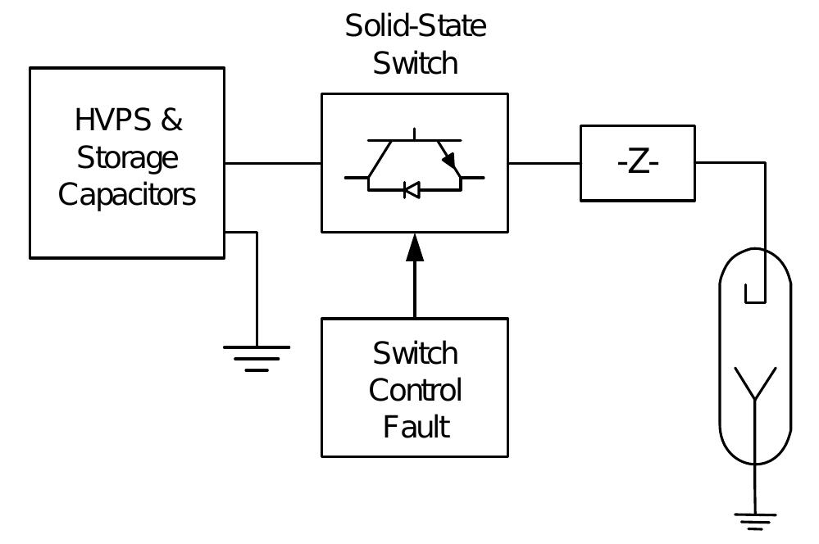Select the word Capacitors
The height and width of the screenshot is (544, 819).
point(127,195)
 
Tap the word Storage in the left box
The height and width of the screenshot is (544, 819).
point(127,157)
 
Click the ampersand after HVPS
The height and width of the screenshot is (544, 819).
point(171,120)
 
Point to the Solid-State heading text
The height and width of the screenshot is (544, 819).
point(415,26)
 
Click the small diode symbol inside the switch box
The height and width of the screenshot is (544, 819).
point(412,190)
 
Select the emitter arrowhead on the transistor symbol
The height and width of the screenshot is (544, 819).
point(449,161)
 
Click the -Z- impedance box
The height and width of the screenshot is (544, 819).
point(637,163)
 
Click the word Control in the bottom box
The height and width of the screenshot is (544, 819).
point(415,390)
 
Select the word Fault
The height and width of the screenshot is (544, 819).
point(416,427)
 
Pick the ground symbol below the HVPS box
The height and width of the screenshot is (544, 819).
point(257,357)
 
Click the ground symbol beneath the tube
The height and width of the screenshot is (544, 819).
point(754,519)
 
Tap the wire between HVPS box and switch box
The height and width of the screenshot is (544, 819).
point(272,163)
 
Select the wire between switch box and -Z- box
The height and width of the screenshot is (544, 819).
point(544,163)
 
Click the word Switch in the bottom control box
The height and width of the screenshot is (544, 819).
point(415,353)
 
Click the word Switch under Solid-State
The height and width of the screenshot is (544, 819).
point(415,63)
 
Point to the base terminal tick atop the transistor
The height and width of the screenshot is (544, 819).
point(415,134)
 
